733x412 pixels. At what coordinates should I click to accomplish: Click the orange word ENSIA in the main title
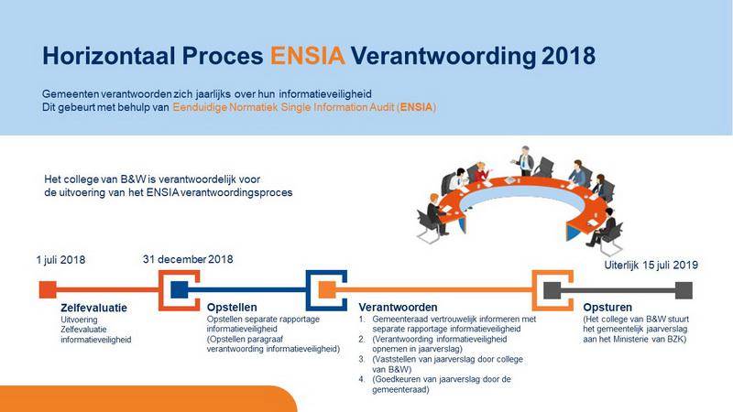click(308, 55)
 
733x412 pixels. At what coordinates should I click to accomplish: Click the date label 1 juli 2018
click(61, 260)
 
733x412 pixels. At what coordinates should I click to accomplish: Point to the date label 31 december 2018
click(188, 259)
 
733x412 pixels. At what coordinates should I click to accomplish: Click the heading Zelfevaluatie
click(88, 307)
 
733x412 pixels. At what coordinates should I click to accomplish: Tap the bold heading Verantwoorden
click(397, 307)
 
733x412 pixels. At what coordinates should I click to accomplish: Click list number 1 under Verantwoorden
click(362, 320)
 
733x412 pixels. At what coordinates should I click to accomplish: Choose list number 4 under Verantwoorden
click(362, 379)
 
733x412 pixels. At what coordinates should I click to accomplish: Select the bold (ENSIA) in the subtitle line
click(417, 108)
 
